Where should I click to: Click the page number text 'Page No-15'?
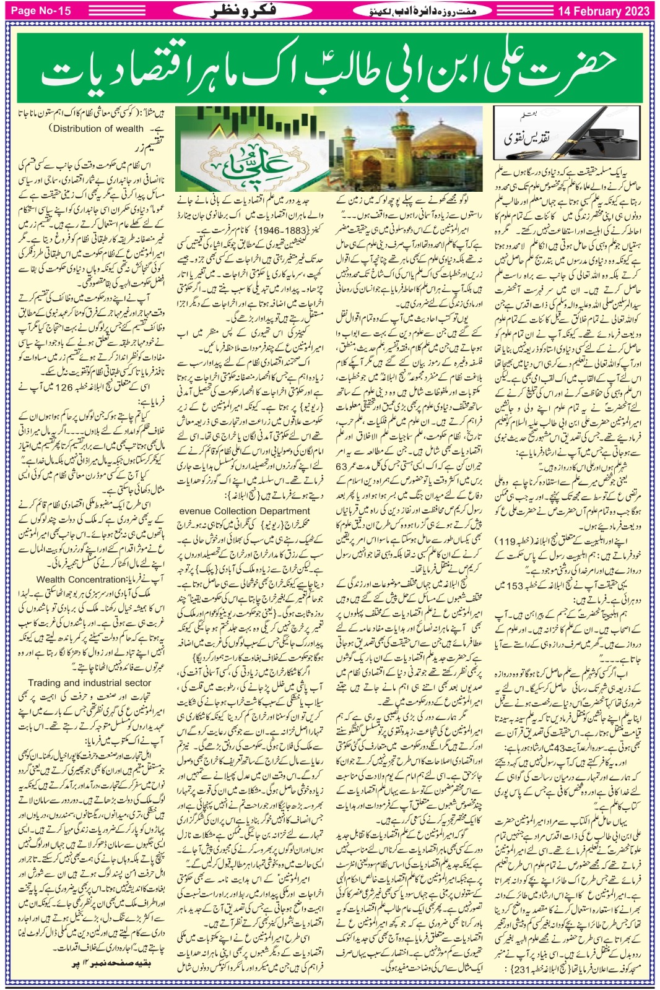pos(41,11)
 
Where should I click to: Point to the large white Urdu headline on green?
pos(328,69)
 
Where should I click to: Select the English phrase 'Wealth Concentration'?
pos(81,580)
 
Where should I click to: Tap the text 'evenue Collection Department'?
pos(245,511)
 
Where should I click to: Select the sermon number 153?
pos(515,585)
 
